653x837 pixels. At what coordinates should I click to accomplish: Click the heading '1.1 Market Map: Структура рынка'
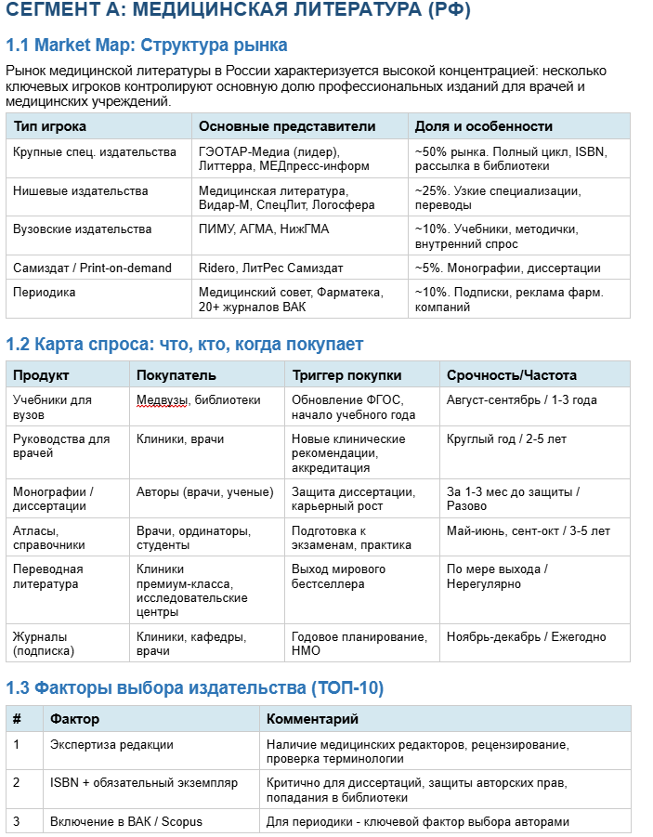click(147, 46)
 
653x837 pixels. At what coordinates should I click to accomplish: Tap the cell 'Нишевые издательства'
click(80, 190)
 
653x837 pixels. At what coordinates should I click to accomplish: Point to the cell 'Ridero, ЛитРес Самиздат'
click(270, 268)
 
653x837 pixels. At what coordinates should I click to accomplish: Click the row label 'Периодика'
click(45, 292)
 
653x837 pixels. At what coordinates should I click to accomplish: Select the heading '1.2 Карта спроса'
click(184, 345)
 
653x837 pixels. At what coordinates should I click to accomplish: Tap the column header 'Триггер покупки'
click(346, 375)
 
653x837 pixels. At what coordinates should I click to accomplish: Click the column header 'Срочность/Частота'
click(512, 375)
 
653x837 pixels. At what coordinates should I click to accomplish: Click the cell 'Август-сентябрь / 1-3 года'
click(521, 399)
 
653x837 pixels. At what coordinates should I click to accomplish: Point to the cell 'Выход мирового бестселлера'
click(338, 576)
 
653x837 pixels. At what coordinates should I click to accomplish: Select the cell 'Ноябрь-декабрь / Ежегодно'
click(526, 636)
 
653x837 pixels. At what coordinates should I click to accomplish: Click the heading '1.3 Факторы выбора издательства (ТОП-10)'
click(195, 688)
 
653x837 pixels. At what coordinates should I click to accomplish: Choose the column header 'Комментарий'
click(312, 719)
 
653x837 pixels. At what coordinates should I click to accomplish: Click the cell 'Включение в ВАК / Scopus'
click(125, 821)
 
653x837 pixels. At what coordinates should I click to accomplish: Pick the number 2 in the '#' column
click(17, 782)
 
